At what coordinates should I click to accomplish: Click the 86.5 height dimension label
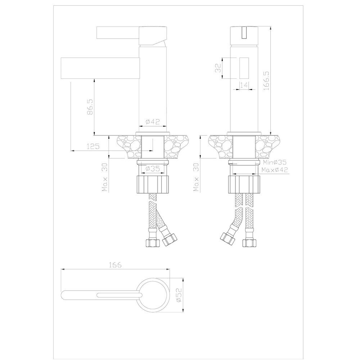tap(90, 107)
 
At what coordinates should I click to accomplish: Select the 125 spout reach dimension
tap(93, 146)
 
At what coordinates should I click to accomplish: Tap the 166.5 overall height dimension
tap(266, 80)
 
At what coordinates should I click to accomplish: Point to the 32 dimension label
tap(218, 68)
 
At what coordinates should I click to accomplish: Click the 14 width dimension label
tap(244, 85)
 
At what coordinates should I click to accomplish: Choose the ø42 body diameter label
tap(153, 121)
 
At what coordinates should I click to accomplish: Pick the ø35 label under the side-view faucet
tap(153, 169)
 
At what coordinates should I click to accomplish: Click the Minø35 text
tap(275, 162)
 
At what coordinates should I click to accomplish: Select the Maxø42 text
tap(275, 170)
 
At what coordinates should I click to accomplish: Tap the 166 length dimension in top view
tap(115, 265)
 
